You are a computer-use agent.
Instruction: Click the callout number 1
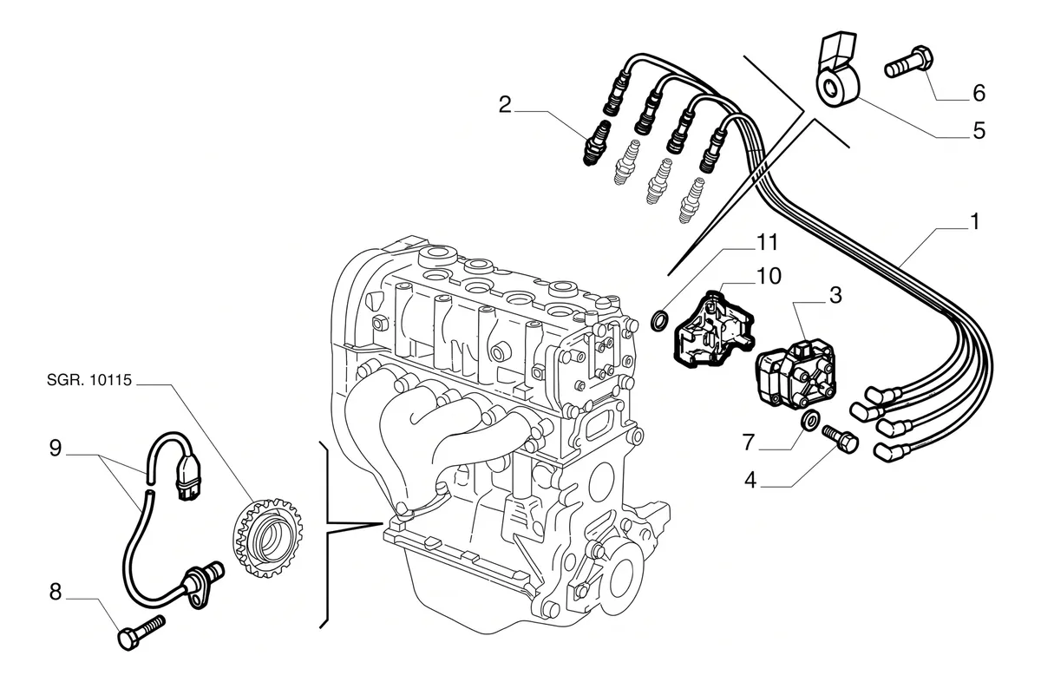pyautogui.click(x=975, y=221)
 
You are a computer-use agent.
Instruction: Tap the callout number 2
pyautogui.click(x=505, y=105)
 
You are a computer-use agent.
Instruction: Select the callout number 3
pyautogui.click(x=835, y=295)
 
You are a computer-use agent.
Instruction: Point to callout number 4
pyautogui.click(x=750, y=480)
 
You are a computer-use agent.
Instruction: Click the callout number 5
pyautogui.click(x=979, y=131)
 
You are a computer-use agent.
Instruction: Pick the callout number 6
pyautogui.click(x=979, y=93)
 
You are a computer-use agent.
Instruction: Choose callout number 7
pyautogui.click(x=748, y=443)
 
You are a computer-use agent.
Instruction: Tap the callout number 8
pyautogui.click(x=56, y=592)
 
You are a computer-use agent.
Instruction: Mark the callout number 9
pyautogui.click(x=56, y=448)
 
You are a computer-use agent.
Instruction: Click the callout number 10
pyautogui.click(x=769, y=276)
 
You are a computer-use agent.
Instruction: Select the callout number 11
pyautogui.click(x=767, y=242)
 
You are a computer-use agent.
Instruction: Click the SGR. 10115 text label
pyautogui.click(x=89, y=380)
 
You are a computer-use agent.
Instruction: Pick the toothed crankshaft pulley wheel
pyautogui.click(x=267, y=537)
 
